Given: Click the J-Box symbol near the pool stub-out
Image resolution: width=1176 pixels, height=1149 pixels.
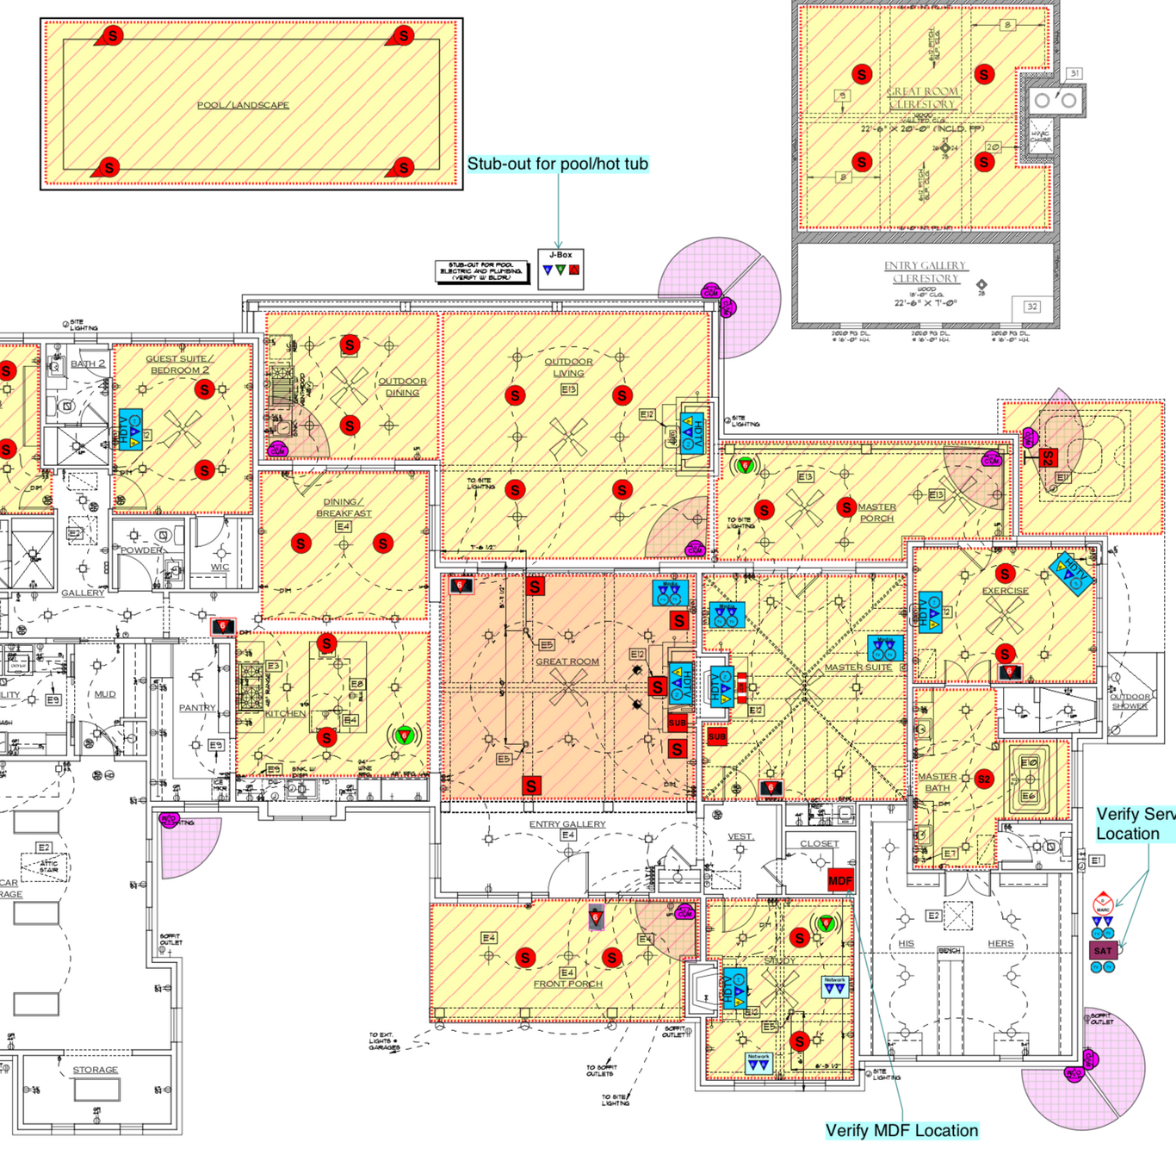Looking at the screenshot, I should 560,268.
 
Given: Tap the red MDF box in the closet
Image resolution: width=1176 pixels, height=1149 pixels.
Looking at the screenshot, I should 840,880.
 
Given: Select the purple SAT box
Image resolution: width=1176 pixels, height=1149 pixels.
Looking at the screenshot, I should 1103,950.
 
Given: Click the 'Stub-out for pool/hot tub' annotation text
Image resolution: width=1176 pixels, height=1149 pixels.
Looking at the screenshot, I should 557,164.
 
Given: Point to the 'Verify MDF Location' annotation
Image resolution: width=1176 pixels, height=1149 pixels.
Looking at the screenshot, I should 901,1130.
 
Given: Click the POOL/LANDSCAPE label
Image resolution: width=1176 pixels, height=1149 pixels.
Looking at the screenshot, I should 243,105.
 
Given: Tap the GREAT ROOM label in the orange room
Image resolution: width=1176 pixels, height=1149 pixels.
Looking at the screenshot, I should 567,661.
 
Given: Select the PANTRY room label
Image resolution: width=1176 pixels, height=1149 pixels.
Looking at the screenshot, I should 197,707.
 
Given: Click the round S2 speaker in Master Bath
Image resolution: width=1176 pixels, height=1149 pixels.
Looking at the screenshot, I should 984,779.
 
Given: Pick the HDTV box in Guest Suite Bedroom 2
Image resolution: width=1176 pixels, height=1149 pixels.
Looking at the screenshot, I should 130,431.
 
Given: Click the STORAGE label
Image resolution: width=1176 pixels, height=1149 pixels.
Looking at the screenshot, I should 95,1070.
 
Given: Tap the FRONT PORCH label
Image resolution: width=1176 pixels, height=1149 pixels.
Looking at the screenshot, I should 567,984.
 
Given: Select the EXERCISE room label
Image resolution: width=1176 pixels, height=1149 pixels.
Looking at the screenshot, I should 1005,591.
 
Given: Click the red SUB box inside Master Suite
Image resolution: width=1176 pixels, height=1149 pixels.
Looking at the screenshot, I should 717,736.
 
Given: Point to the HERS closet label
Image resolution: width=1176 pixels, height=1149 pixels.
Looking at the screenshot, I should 1000,943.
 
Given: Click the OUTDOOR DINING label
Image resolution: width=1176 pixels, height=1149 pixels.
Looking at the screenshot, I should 402,387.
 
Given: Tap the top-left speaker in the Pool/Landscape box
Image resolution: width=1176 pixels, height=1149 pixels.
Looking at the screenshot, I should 112,36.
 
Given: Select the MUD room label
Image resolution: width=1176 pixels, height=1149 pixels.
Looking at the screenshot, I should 105,693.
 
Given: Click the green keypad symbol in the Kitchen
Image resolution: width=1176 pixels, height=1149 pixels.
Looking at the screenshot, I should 403,736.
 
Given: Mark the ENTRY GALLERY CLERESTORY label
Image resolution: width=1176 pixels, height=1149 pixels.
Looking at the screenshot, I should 925,271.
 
